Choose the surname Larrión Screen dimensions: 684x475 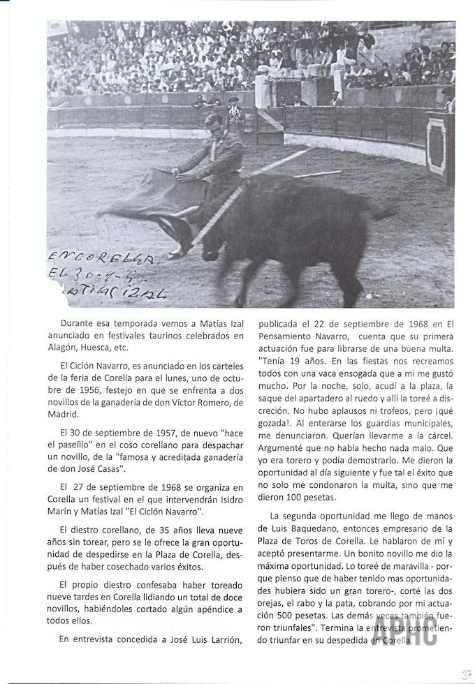221,638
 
